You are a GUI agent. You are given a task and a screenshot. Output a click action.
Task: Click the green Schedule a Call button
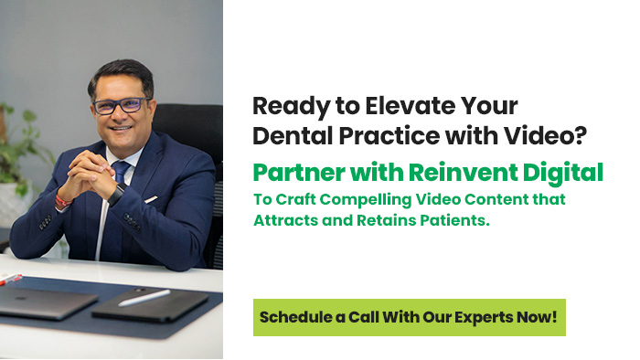pyautogui.click(x=409, y=317)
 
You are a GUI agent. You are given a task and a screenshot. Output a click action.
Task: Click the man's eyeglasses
pyautogui.click(x=118, y=105)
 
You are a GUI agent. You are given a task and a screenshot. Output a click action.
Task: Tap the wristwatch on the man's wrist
pyautogui.click(x=116, y=194)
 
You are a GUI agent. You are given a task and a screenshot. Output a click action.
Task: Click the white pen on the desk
pyautogui.click(x=144, y=297)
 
